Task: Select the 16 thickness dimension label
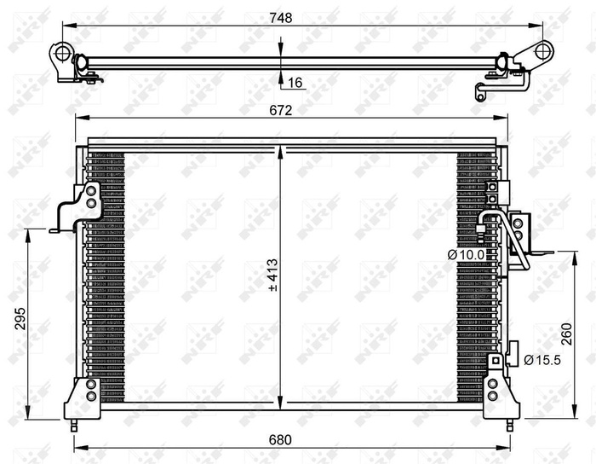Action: pos(295,83)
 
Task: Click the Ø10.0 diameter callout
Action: pos(467,253)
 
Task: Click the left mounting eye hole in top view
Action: pos(62,54)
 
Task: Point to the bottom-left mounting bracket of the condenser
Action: pos(85,398)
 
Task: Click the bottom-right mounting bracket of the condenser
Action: pos(501,398)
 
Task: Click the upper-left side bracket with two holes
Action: pos(89,202)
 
